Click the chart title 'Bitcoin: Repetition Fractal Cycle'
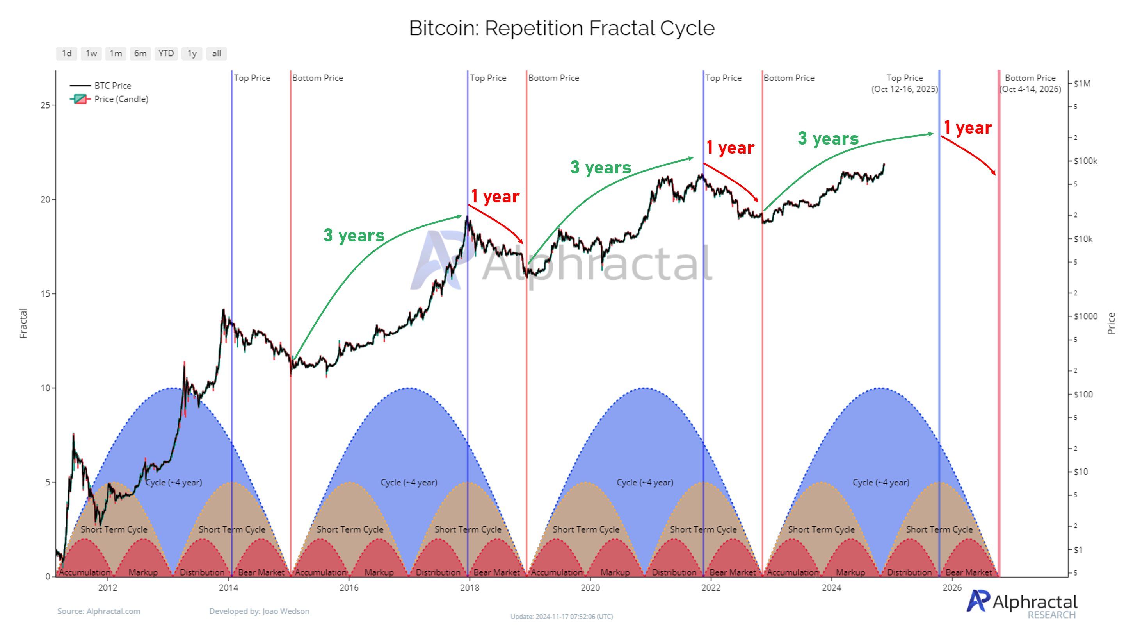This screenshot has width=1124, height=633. click(x=562, y=28)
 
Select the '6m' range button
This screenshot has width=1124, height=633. click(x=140, y=53)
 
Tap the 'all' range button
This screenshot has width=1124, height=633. click(x=217, y=53)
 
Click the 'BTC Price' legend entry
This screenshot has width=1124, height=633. click(x=112, y=86)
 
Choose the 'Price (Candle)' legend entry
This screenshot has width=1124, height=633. click(x=121, y=99)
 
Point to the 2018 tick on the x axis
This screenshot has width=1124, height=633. click(x=470, y=588)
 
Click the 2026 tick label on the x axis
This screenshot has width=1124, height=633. click(x=952, y=588)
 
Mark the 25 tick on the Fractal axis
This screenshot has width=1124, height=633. click(x=45, y=105)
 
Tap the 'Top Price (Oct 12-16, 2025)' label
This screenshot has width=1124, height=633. click(x=905, y=84)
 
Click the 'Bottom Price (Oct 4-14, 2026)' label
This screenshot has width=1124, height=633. click(x=1030, y=84)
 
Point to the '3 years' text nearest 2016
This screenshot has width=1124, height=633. click(x=354, y=236)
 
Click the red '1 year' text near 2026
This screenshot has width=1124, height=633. click(x=968, y=127)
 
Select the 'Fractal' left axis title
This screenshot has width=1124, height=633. click(x=23, y=323)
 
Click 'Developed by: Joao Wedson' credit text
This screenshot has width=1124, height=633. click(x=259, y=611)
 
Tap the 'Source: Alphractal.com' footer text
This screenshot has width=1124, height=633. click(x=99, y=611)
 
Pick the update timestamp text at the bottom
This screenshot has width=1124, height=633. click(x=562, y=617)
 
